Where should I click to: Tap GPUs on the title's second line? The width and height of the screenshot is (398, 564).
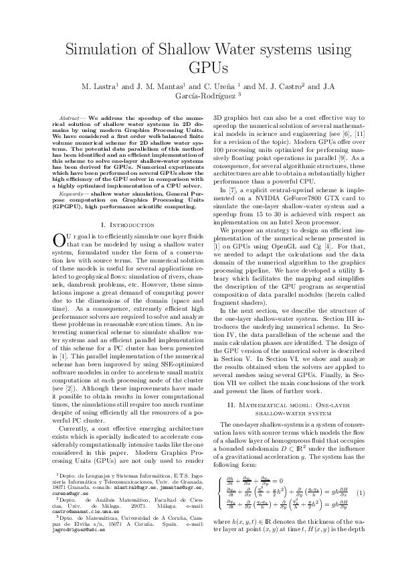click(x=199, y=69)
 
